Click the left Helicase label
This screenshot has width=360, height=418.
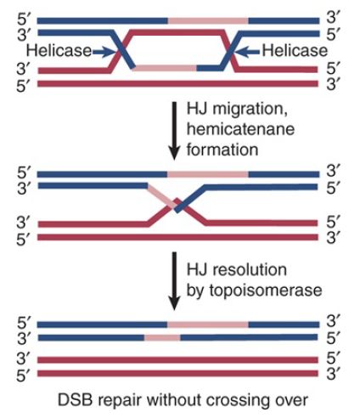pyautogui.click(x=59, y=51)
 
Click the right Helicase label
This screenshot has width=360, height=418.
pyautogui.click(x=295, y=51)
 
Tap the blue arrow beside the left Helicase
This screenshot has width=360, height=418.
pyautogui.click(x=104, y=52)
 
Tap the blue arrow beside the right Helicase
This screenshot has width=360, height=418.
pyautogui.click(x=247, y=52)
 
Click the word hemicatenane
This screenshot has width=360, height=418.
pyautogui.click(x=240, y=129)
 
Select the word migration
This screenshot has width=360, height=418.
pyautogui.click(x=250, y=110)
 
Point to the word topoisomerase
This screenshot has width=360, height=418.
pyautogui.click(x=266, y=291)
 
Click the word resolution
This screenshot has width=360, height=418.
pyautogui.click(x=250, y=269)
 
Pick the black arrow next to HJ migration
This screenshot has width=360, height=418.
pyautogui.click(x=174, y=131)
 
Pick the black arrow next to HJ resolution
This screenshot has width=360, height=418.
pyautogui.click(x=174, y=281)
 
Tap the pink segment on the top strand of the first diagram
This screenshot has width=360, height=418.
pyautogui.click(x=208, y=20)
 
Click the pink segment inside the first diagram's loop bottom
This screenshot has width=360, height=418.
pyautogui.click(x=165, y=68)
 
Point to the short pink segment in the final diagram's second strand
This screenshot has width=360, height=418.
pyautogui.click(x=162, y=337)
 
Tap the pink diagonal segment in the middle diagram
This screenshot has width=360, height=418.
pyautogui.click(x=161, y=196)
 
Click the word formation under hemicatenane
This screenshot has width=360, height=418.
pyautogui.click(x=222, y=150)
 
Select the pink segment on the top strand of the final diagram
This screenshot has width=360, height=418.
pyautogui.click(x=208, y=325)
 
